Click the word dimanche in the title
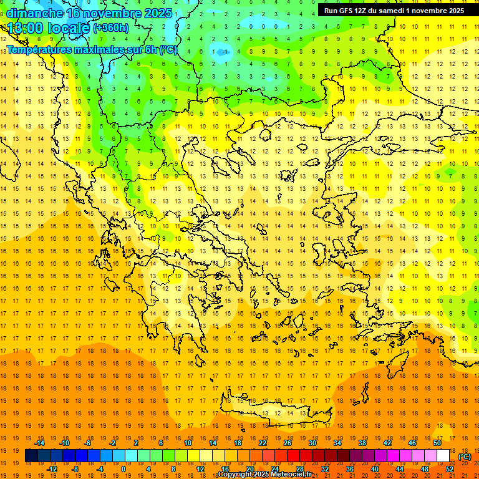coord(34,13)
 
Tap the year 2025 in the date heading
coord(153,13)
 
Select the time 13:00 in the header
coord(26,28)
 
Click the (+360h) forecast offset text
coord(111,28)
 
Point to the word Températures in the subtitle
coord(39,49)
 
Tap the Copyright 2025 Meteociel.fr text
coord(264,475)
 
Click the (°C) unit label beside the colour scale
coord(464,457)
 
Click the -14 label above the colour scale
coord(39,443)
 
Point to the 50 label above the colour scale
coord(437,443)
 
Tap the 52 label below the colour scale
coord(449,469)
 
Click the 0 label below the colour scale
coord(123,469)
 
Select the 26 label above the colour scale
coord(288,443)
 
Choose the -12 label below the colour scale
coord(52,469)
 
